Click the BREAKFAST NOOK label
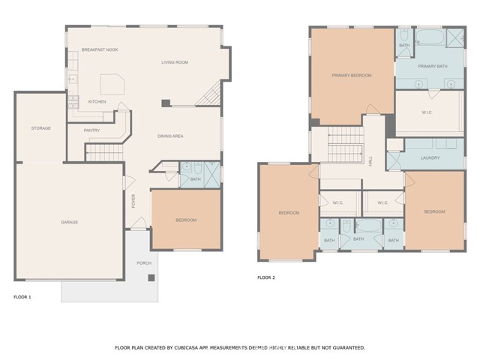point(100,49)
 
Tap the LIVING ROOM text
point(174,62)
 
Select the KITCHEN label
point(97,101)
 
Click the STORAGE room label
point(41,128)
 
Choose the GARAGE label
point(70,222)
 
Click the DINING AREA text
point(170,136)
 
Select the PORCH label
point(144,263)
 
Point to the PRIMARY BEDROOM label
point(352,75)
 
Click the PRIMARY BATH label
point(433,66)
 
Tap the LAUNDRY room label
point(430,158)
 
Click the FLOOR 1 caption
point(22,298)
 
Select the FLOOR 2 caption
point(266,277)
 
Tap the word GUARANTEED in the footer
point(343,348)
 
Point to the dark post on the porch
point(151,277)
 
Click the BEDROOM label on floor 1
point(186,220)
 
